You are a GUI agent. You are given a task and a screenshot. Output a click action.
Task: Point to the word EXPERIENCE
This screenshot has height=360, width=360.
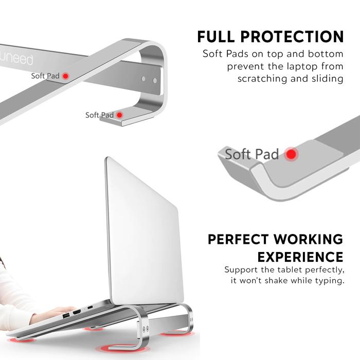(300, 257)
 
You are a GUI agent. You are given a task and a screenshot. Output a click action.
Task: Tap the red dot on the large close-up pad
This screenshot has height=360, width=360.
(292, 154)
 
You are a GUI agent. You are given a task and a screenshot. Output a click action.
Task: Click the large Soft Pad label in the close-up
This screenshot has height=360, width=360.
(252, 154)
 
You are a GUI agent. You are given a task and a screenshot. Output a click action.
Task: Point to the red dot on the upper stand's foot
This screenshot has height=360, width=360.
(119, 115)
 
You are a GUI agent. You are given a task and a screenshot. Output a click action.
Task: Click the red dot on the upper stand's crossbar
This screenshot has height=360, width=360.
(65, 76)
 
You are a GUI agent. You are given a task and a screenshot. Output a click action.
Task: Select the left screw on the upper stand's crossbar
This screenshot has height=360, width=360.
(143, 79)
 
